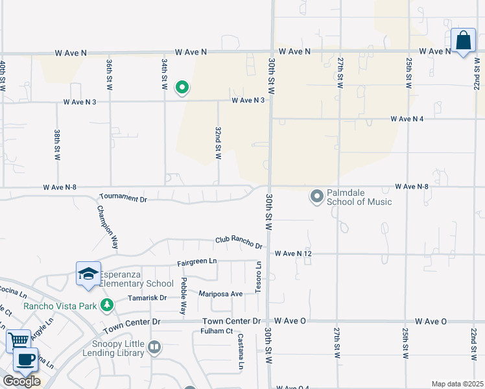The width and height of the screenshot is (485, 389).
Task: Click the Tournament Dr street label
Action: (123, 197)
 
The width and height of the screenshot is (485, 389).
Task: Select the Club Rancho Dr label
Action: (239, 242)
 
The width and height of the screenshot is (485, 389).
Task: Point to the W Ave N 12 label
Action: (294, 253)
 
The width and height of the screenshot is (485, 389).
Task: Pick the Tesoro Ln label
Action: (257, 277)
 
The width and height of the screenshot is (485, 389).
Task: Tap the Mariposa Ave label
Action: (220, 294)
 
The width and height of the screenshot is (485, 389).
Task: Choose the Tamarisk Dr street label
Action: (150, 298)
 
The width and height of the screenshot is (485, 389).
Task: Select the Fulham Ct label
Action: (216, 331)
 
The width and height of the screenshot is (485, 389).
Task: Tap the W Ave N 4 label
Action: (407, 119)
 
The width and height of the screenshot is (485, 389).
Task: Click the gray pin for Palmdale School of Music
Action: (317, 196)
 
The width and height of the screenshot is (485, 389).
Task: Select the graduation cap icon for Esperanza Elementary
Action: (88, 274)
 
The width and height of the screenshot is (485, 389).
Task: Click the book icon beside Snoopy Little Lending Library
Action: (154, 348)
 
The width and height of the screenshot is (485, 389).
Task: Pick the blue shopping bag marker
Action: (464, 41)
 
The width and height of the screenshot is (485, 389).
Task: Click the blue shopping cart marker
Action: (19, 340)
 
